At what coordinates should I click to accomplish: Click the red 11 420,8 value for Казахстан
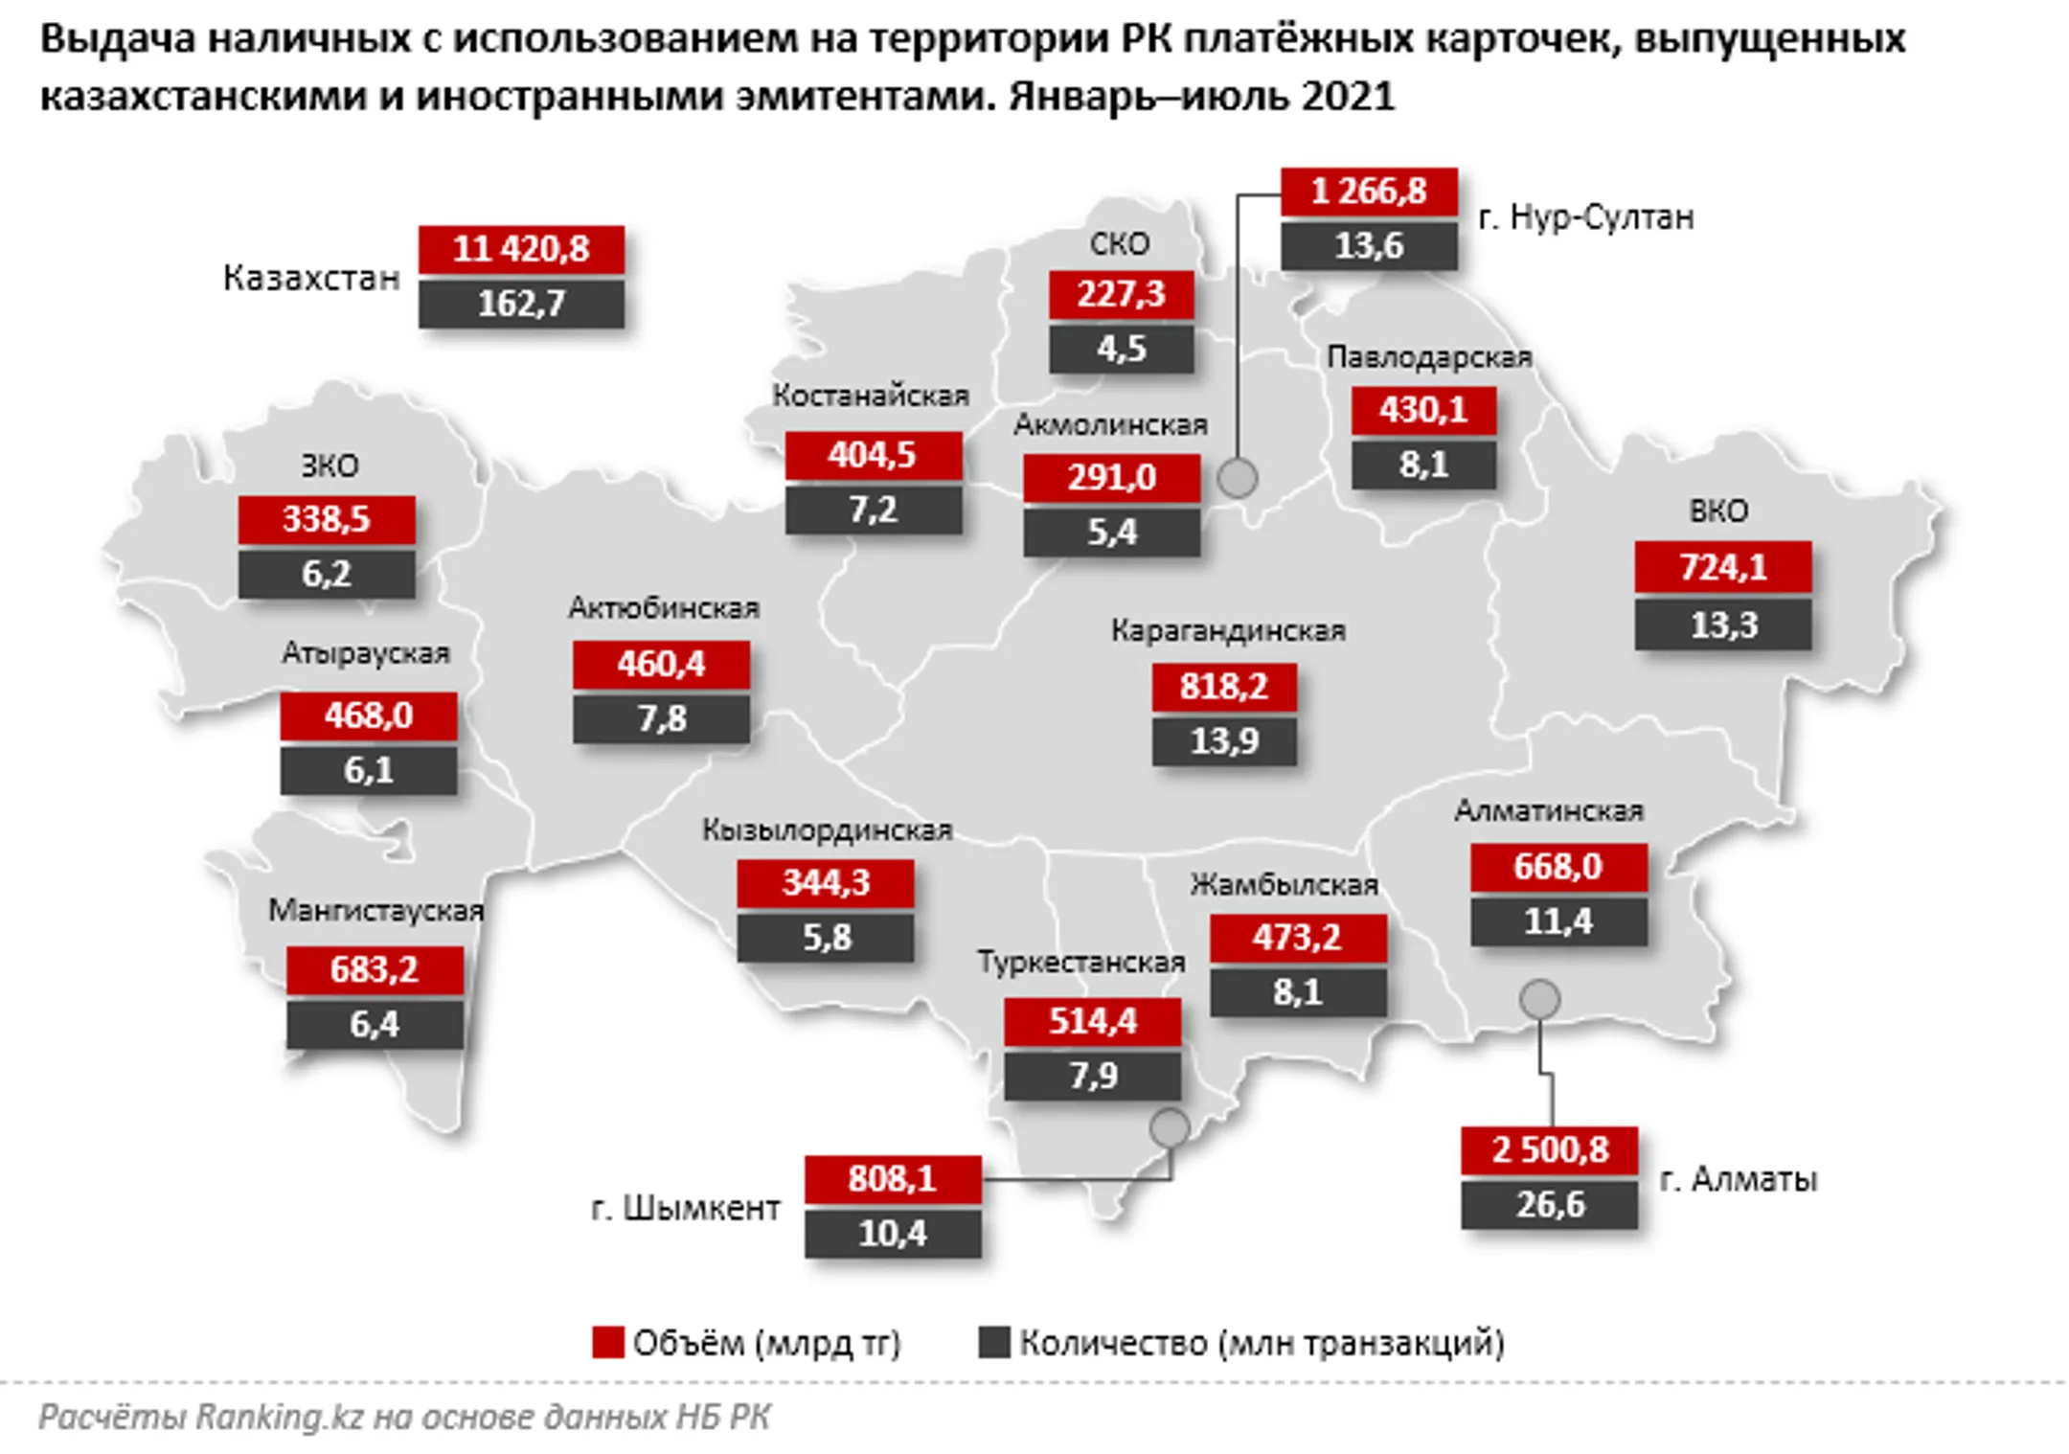[521, 249]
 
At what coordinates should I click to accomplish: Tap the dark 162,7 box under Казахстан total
[521, 304]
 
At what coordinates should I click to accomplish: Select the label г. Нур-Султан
[1585, 217]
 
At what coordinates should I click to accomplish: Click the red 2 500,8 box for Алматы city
[1549, 1149]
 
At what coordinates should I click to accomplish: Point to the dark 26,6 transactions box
[1549, 1204]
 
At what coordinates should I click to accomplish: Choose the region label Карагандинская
[1228, 630]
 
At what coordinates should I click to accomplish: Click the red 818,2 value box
[1223, 687]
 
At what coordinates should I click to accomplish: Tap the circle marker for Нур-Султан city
[1237, 477]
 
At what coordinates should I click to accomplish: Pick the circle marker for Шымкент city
[1170, 1127]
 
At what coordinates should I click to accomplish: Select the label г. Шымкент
[685, 1208]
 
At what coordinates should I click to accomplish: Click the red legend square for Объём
[608, 1342]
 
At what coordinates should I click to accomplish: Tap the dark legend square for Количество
[994, 1342]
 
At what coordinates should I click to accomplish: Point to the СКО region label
[1119, 244]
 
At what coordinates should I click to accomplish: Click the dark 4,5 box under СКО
[1121, 349]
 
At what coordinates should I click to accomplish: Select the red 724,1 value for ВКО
[1722, 567]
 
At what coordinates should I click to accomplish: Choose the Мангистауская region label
[375, 910]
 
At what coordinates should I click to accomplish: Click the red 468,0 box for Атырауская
[368, 716]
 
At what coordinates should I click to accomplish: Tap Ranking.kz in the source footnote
[279, 1417]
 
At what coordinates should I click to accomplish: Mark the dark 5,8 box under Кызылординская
[825, 937]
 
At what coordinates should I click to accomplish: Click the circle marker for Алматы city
[1539, 999]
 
